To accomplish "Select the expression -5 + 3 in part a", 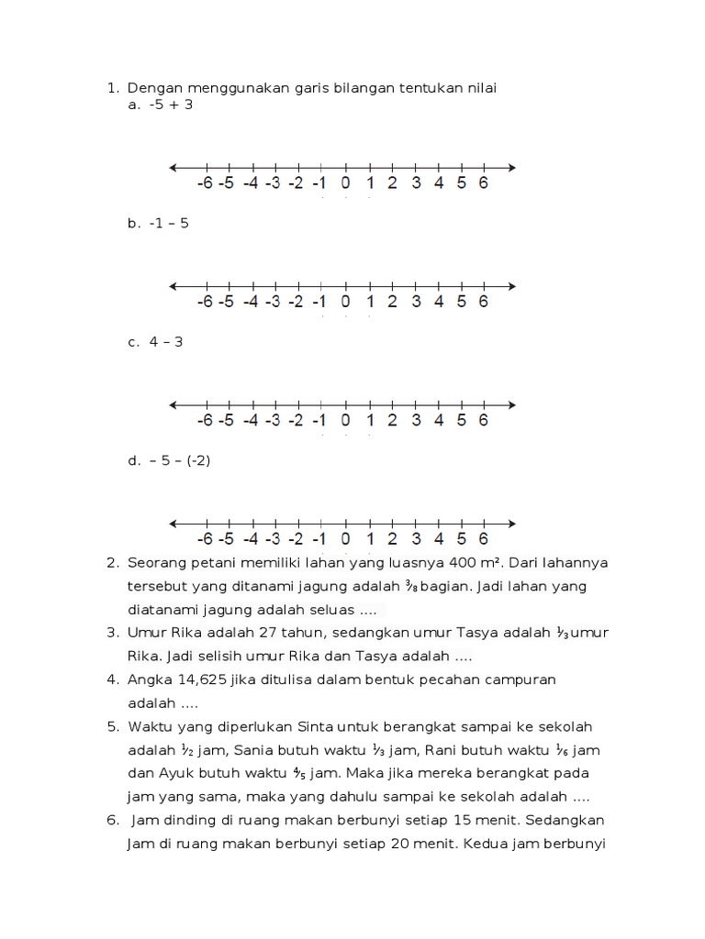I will [170, 105].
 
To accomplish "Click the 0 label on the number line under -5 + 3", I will [345, 182].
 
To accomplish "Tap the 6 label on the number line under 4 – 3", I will [483, 420].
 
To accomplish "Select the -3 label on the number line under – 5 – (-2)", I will [273, 539].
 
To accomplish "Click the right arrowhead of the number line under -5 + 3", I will [510, 167].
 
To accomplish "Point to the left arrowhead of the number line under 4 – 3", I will [173, 404].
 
